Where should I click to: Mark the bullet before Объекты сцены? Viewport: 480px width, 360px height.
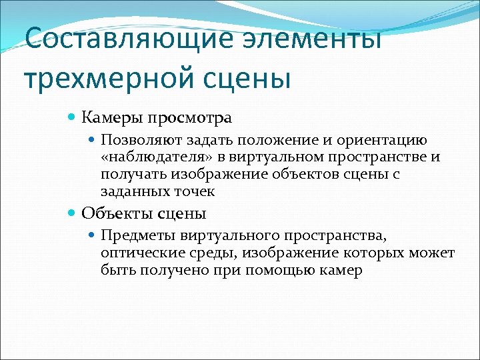(x=73, y=214)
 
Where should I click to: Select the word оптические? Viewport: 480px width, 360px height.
(x=137, y=253)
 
